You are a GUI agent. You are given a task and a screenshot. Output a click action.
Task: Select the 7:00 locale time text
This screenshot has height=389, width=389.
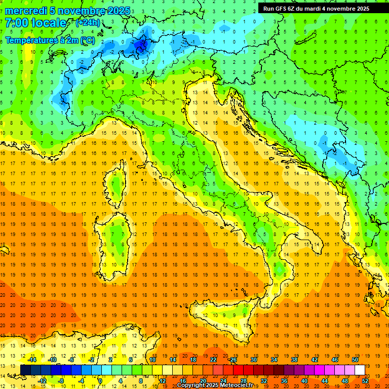[x=35, y=23]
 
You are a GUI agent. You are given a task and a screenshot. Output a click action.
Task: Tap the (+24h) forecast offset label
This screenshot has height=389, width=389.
[x=88, y=23]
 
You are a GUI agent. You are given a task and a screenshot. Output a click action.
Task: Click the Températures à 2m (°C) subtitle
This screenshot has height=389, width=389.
[x=50, y=40]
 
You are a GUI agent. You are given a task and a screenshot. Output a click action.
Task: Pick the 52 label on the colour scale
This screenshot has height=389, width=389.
[x=365, y=380]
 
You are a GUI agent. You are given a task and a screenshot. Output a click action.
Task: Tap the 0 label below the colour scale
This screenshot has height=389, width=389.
[x=100, y=380]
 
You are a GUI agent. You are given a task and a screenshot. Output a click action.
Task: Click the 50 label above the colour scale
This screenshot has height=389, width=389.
[x=355, y=360]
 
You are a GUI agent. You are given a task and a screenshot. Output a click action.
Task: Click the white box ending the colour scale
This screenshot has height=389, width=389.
[x=360, y=370]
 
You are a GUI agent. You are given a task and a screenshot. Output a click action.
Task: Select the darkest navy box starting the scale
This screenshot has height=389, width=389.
[x=25, y=370]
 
